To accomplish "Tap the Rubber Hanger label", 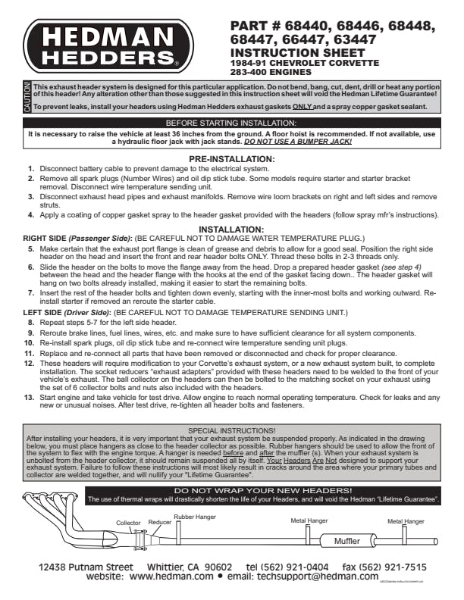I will click(194, 517).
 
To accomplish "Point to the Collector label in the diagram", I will click(128, 523).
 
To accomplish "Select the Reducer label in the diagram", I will click(159, 523).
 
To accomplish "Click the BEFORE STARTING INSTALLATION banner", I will click(231, 123).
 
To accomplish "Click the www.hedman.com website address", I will click(171, 577).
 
